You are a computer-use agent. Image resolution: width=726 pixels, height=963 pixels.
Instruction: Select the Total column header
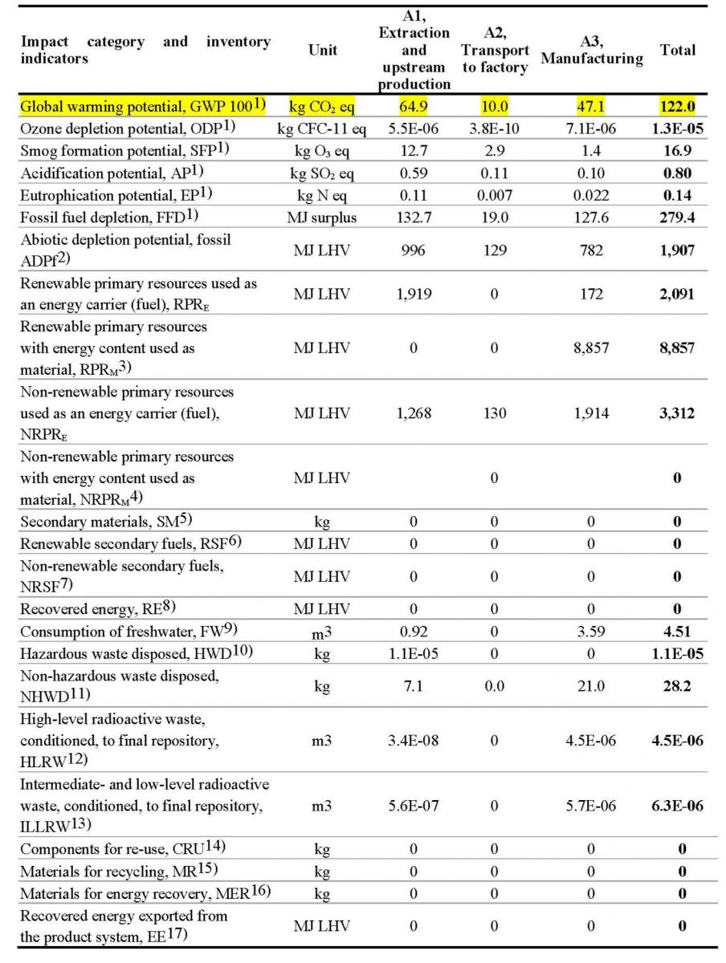tap(677, 50)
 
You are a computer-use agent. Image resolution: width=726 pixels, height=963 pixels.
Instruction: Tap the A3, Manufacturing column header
tap(591, 50)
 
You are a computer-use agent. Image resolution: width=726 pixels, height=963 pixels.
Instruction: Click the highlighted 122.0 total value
tap(677, 106)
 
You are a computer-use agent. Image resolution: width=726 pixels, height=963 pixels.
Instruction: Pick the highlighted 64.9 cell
tap(414, 106)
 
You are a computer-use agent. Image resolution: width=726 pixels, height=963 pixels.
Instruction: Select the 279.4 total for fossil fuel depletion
tap(677, 216)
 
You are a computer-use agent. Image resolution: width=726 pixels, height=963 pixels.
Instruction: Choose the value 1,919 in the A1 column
tap(414, 295)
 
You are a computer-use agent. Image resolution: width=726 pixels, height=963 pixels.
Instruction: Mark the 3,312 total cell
tap(677, 413)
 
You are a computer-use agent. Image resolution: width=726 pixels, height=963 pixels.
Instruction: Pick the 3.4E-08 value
tap(414, 740)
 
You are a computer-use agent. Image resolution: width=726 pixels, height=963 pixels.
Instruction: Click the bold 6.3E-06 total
tap(677, 805)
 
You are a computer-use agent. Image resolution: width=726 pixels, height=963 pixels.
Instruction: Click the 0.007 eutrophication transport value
tap(494, 194)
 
